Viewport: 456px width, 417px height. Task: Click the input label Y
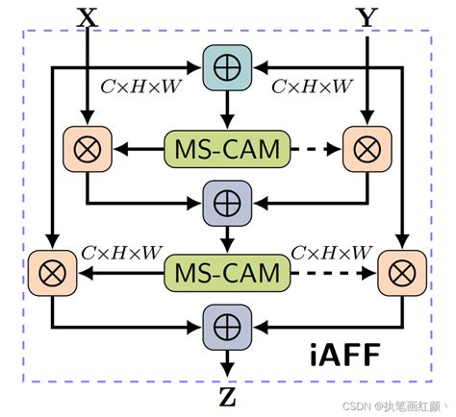367,16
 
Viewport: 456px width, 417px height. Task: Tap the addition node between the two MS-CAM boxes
227,204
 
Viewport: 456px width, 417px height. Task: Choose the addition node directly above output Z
227,328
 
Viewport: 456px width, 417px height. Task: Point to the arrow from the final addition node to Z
227,361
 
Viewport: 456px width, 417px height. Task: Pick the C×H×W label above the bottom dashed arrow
329,252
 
